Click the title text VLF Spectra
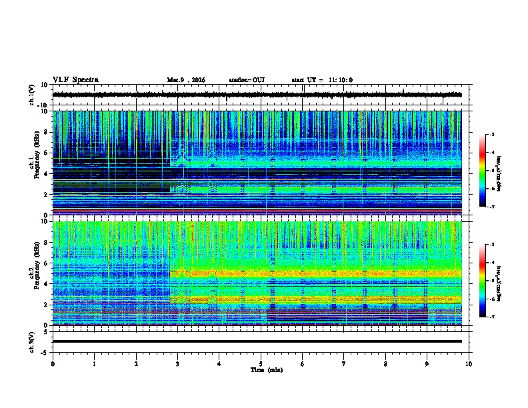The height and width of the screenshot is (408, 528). tap(75, 80)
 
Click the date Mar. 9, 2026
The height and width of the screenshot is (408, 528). tap(186, 80)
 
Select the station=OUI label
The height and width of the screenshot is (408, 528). tap(247, 80)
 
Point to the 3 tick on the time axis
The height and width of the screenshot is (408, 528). tap(177, 363)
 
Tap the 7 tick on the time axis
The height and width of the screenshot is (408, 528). tap(343, 363)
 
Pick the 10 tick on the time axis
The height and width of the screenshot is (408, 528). tap(469, 363)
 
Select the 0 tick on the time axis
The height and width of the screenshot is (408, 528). tap(53, 363)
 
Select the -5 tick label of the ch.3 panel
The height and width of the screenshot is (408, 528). tap(47, 351)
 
